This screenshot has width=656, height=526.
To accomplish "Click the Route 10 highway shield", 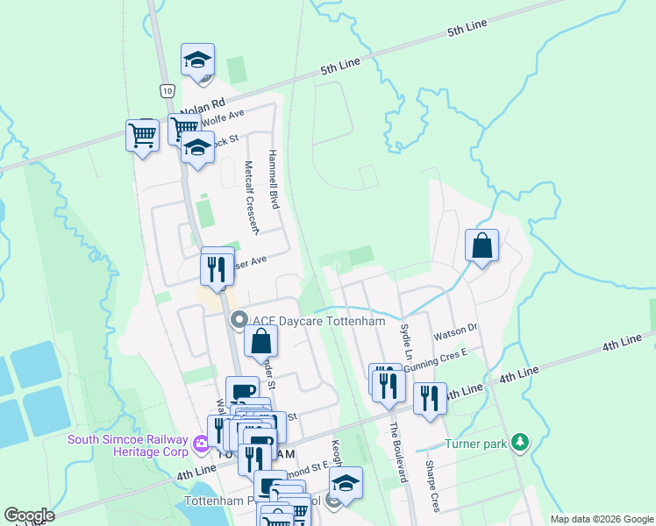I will click(167, 89).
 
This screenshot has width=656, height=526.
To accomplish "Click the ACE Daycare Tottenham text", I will click(319, 321).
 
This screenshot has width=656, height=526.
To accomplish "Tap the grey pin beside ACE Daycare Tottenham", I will click(237, 321).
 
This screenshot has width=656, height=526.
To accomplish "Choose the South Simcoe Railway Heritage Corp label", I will click(128, 445).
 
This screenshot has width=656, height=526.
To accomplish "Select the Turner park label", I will click(476, 444).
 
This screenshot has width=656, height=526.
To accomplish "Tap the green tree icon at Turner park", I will click(521, 441).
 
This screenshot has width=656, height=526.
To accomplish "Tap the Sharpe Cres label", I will click(431, 486).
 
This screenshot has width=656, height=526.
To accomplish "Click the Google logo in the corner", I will click(29, 515).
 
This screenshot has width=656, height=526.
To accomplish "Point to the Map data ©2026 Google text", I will click(601, 519).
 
